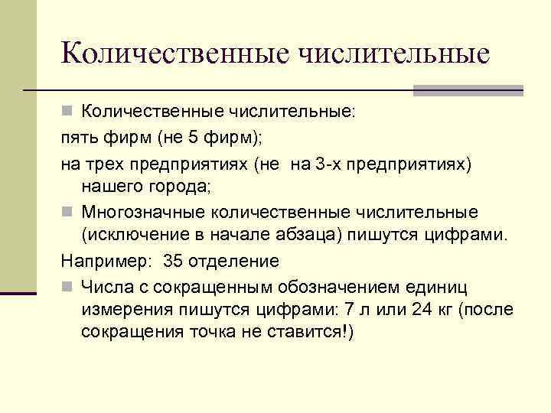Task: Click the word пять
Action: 77,138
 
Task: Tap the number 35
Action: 174,260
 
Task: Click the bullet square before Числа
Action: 67,286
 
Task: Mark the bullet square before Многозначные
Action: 67,211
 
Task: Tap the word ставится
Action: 303,333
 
